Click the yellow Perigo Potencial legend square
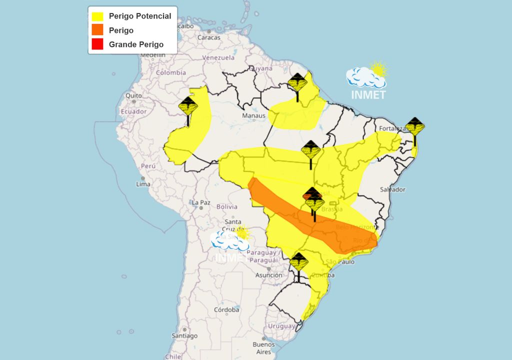[97, 16]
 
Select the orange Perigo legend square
[97, 30]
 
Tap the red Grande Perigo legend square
[97, 44]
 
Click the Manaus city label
[254, 116]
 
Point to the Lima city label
[143, 184]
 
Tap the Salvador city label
[392, 189]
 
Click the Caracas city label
[209, 37]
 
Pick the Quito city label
[133, 95]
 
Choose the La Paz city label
[200, 202]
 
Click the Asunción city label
[269, 275]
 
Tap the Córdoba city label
[226, 310]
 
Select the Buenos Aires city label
[263, 348]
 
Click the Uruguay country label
[282, 326]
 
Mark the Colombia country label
[171, 72]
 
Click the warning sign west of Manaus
[188, 107]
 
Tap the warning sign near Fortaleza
[415, 127]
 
